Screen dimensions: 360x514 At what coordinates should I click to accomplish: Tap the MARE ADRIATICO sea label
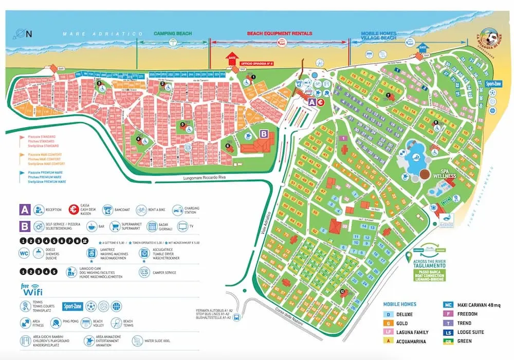tap(102, 34)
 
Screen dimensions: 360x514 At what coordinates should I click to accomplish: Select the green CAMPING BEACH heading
tap(173, 33)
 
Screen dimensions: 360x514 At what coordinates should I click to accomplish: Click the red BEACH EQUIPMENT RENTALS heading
tap(280, 33)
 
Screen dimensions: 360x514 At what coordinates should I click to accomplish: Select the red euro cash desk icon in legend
tap(73, 210)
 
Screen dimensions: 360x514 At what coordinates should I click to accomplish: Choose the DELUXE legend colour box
tap(389, 314)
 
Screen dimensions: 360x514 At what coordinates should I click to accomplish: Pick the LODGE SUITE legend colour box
tap(449, 333)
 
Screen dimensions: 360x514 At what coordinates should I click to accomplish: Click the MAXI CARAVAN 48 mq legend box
tap(449, 305)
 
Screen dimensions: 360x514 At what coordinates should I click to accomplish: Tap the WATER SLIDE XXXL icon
tap(138, 340)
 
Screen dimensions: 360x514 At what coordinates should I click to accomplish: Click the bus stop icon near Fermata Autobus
tap(236, 318)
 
